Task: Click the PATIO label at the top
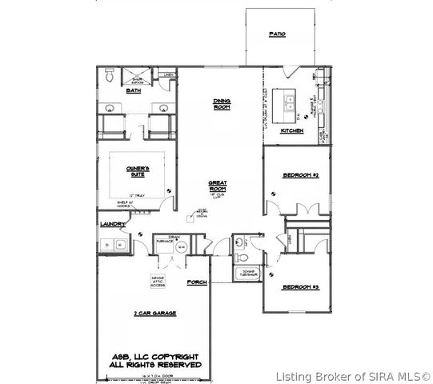tap(277, 35)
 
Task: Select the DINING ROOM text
tap(222, 104)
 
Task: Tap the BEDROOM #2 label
tap(301, 174)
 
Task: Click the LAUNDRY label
tap(109, 226)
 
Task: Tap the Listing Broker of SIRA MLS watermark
tap(352, 375)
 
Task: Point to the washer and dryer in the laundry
tap(113, 245)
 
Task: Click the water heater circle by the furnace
tap(180, 249)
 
